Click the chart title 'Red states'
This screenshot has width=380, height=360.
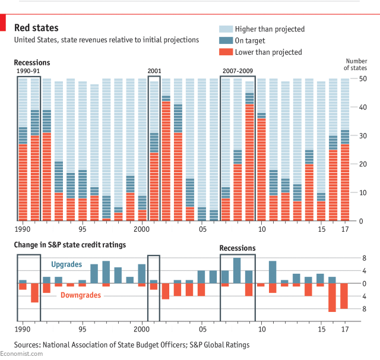(36, 28)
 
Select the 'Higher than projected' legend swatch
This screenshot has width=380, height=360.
(226, 29)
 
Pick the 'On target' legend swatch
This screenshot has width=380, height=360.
(226, 40)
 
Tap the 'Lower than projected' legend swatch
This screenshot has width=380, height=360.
(226, 52)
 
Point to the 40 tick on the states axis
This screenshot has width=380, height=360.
(362, 107)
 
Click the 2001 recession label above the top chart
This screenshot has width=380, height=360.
(155, 71)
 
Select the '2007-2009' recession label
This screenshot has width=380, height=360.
(237, 71)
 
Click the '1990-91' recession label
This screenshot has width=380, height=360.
(28, 71)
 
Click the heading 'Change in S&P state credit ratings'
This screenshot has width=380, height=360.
(70, 244)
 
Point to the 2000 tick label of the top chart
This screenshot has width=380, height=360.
(141, 229)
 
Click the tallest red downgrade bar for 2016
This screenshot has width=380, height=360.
(332, 298)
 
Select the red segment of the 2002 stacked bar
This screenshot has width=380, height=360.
(166, 161)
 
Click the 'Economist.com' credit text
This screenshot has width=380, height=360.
(21, 354)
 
